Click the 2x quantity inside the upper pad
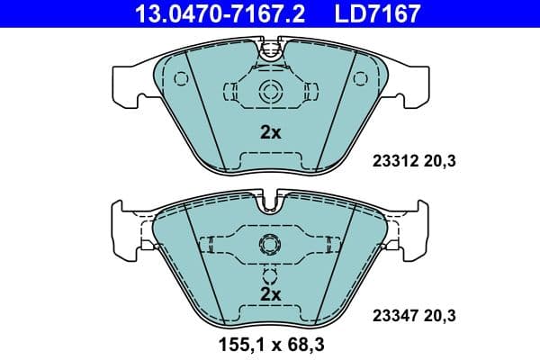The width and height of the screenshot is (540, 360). point(270,132)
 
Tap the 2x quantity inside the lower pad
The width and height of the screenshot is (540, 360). point(270,294)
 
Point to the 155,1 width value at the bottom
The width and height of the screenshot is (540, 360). point(236,344)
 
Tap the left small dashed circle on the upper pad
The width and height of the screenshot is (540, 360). point(182,78)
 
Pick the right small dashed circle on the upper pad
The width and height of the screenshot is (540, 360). point(358,78)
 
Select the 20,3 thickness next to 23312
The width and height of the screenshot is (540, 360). point(437,162)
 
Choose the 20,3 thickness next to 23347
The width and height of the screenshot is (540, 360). point(437,315)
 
